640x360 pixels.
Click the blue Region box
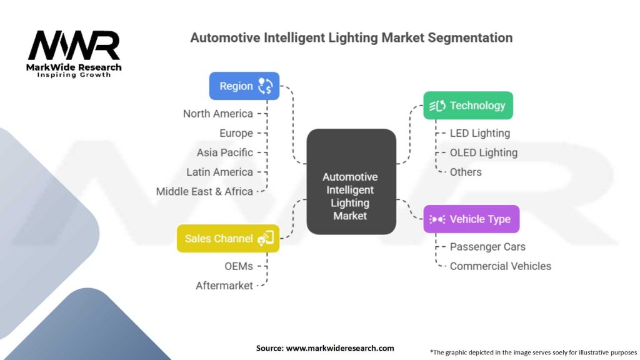[244, 86]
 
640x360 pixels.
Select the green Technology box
[468, 106]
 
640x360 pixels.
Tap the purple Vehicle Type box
[471, 219]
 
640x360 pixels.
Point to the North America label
[218, 114]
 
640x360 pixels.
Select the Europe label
[236, 133]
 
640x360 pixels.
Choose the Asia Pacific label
[225, 152]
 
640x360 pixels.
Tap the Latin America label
[220, 172]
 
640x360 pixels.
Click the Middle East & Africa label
[204, 191]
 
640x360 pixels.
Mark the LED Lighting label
[480, 133]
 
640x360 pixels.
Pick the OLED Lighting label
[484, 152]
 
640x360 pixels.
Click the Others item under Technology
[466, 172]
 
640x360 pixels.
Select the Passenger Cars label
[487, 247]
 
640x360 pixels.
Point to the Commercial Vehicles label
[501, 266]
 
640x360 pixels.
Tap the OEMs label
[239, 266]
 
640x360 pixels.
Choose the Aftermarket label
[224, 286]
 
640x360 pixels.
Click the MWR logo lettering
[74, 46]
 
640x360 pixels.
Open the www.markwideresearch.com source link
[340, 348]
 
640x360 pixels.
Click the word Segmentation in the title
[470, 37]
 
